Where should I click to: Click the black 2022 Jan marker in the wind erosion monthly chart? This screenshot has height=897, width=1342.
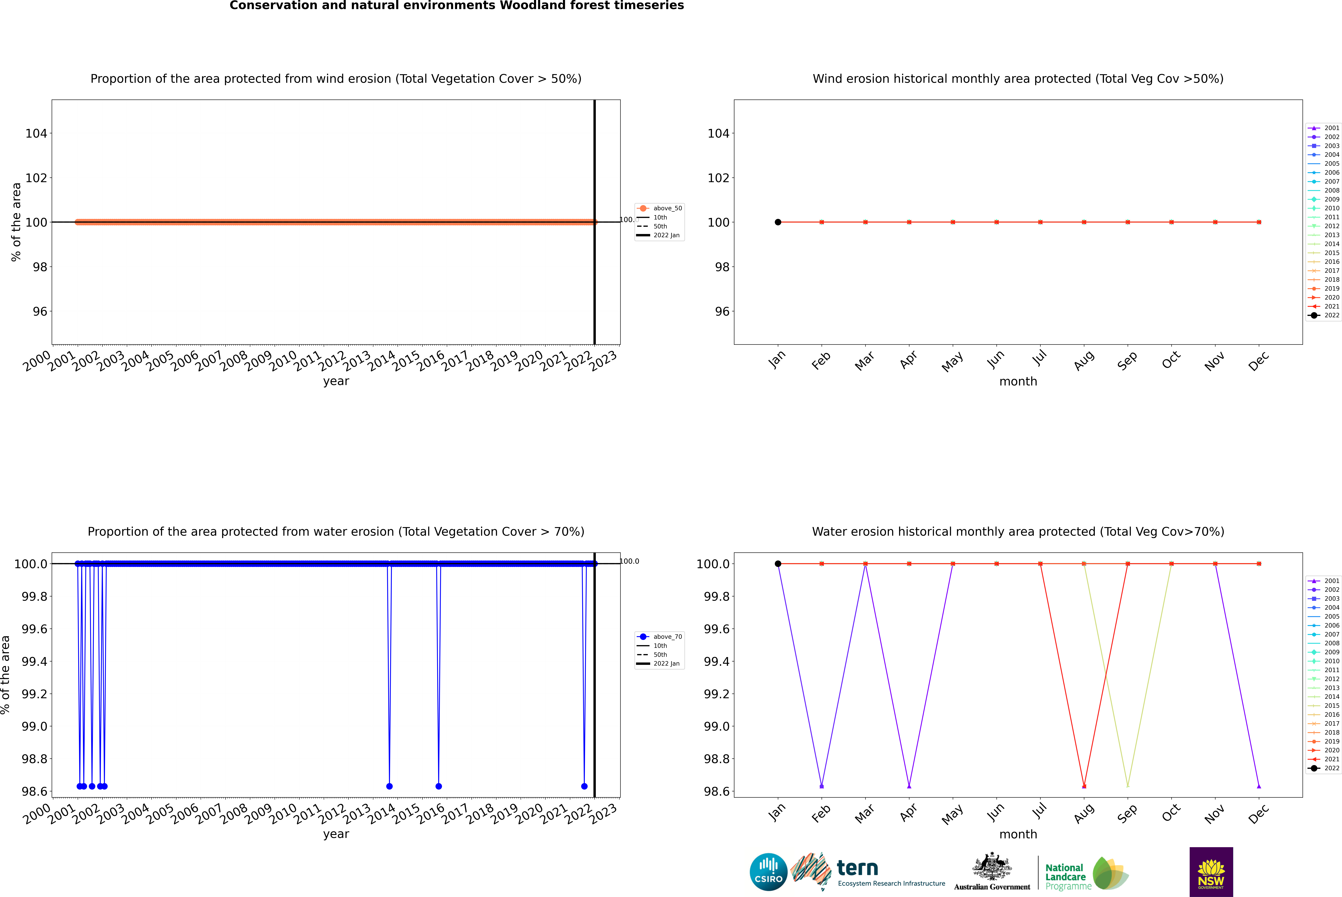click(778, 222)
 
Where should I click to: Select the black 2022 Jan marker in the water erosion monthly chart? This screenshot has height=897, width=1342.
click(778, 563)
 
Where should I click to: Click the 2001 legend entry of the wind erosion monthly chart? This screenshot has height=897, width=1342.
click(1324, 128)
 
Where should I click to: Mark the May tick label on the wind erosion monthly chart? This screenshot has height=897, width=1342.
click(952, 362)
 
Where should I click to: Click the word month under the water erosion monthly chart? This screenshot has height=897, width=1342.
click(1018, 834)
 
